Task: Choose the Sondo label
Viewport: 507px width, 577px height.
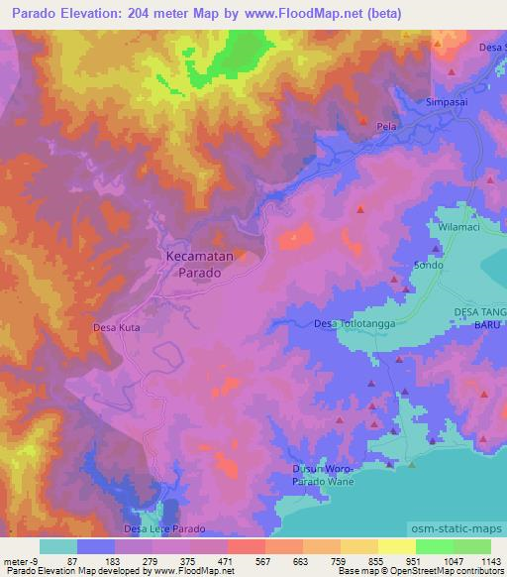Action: (x=428, y=267)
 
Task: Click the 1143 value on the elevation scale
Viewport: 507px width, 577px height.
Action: (x=490, y=560)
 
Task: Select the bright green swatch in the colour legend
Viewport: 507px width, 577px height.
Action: (x=434, y=546)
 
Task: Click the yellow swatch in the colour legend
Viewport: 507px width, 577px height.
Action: (x=396, y=546)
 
